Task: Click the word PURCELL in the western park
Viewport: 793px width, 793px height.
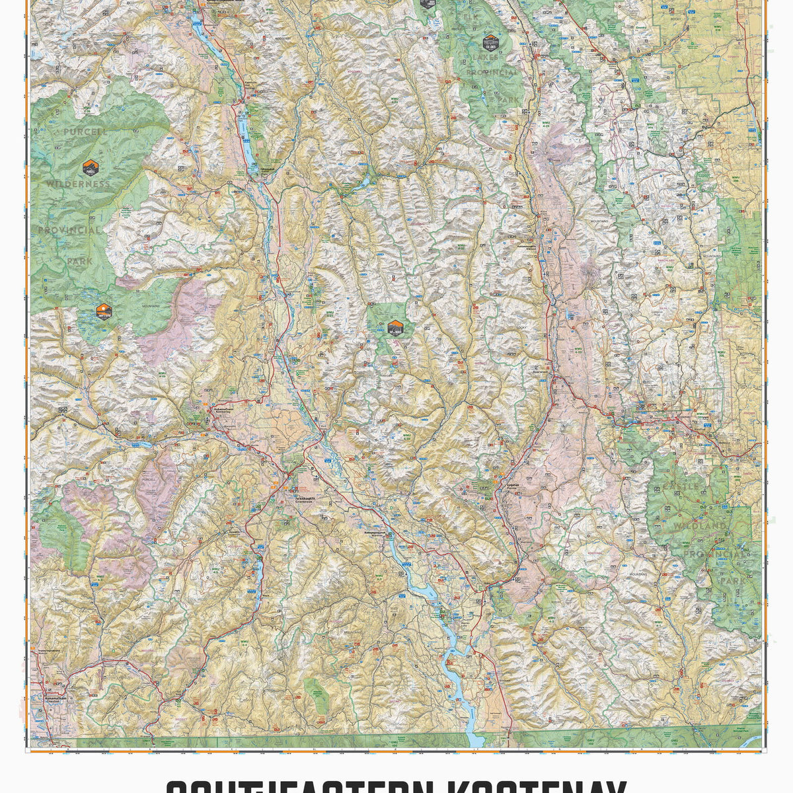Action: [x=85, y=132]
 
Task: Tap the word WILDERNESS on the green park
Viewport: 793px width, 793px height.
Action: [x=78, y=183]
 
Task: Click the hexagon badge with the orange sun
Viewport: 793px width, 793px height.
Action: [x=104, y=311]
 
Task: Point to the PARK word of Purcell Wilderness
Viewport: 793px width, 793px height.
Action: [x=79, y=262]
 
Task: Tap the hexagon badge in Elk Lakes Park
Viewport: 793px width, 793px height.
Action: [x=490, y=43]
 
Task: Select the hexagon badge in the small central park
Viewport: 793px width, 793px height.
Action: [x=395, y=326]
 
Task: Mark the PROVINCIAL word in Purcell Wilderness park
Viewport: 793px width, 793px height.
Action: [x=69, y=230]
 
